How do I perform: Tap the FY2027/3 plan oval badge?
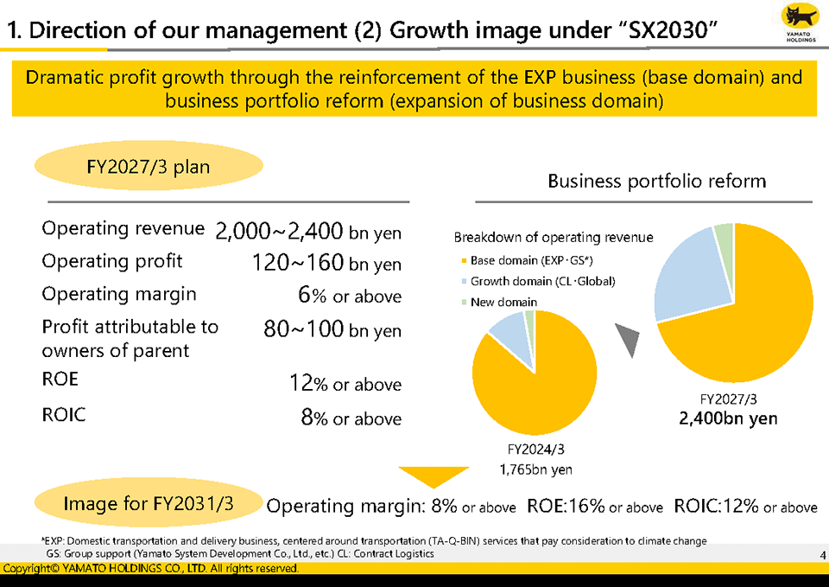point(149,166)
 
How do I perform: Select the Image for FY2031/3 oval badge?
point(148,503)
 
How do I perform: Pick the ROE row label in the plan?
point(60,380)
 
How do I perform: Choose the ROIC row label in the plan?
point(64,415)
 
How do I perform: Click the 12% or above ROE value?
point(345,384)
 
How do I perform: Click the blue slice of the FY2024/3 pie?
point(509,333)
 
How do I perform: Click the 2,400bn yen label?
point(728,419)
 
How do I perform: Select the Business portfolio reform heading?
point(656,181)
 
